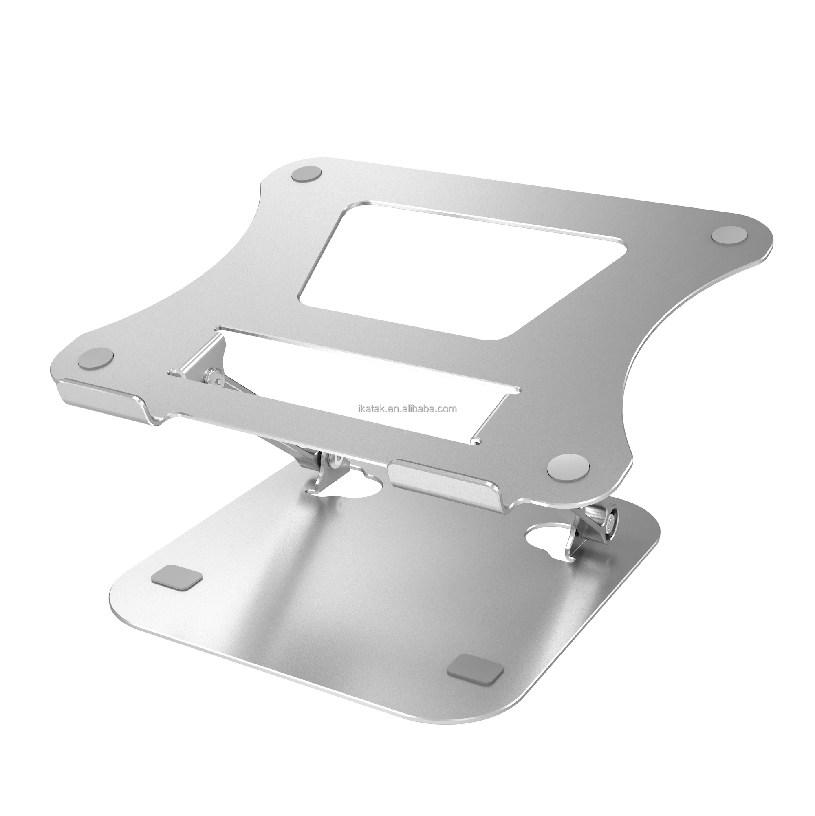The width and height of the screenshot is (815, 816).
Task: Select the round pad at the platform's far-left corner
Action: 96,347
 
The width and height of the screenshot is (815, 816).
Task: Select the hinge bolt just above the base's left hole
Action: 335,462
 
